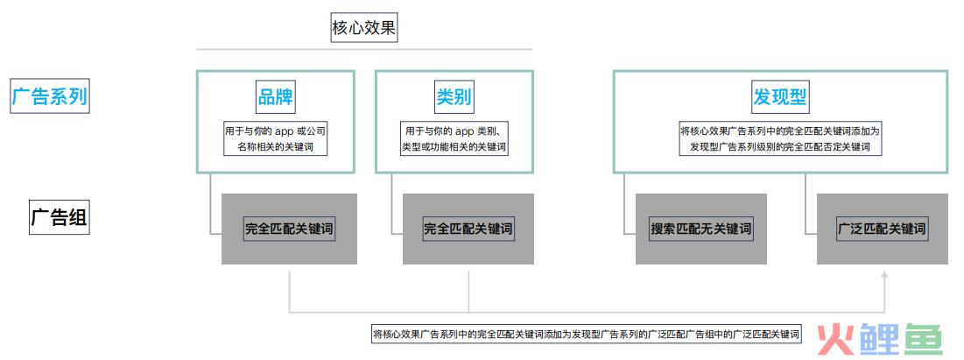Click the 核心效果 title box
364,28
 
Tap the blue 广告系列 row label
50,97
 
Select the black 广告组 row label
60,218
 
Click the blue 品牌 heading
276,97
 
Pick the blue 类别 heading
454,97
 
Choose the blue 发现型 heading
780,97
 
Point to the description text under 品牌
275,139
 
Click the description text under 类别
454,139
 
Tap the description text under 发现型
780,139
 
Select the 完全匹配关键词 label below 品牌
289,229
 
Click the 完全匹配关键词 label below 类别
468,229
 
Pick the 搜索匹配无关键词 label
700,229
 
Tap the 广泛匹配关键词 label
883,229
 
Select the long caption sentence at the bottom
587,334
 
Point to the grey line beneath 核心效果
364,49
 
